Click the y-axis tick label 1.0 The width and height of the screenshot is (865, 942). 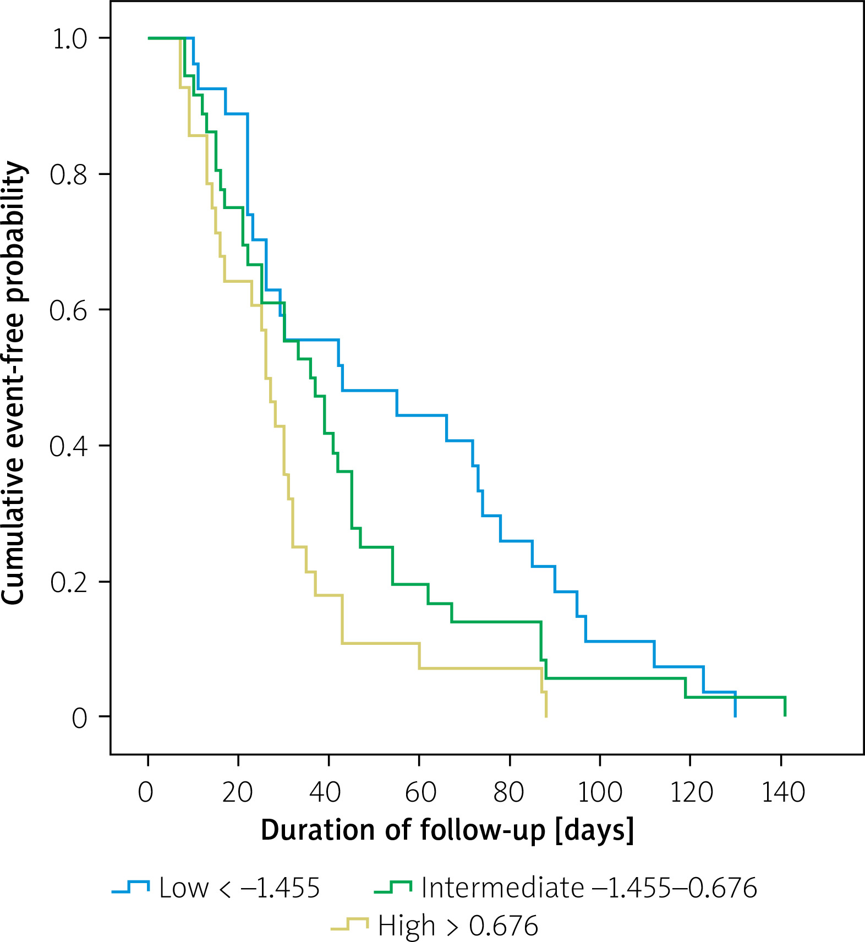tap(69, 39)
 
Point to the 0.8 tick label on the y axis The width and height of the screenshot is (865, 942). tap(68, 175)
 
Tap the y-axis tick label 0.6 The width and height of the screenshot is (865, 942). tap(68, 311)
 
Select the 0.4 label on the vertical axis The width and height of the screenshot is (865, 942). tap(68, 446)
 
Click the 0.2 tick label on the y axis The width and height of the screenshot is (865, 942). tap(68, 582)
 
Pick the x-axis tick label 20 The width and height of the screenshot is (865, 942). tap(238, 792)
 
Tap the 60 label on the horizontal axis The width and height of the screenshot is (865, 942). tap(420, 792)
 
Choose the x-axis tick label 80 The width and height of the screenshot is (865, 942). tap(508, 792)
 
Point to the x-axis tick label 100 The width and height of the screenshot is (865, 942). tap(600, 792)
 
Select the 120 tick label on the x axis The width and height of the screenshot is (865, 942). tap(691, 792)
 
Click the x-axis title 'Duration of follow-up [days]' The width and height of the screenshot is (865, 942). tap(447, 830)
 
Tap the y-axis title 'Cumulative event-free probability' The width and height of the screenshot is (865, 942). tap(13, 383)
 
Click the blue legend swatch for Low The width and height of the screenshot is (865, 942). tap(130, 886)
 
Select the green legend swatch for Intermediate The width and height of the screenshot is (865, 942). tap(393, 886)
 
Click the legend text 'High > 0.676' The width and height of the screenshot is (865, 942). tap(458, 925)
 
